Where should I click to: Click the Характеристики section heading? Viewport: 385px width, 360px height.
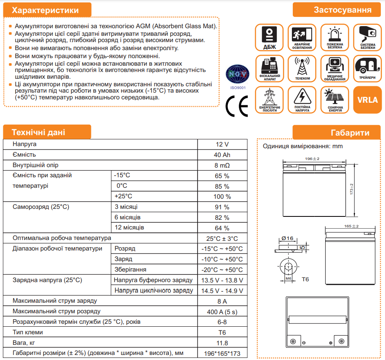point(45,10)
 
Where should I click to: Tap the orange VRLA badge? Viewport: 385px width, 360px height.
point(367,100)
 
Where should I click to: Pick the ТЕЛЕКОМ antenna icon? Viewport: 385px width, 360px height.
point(302,69)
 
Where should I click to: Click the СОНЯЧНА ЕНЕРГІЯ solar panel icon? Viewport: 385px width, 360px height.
point(335,100)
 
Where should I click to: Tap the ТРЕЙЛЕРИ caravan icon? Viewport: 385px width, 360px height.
point(368,69)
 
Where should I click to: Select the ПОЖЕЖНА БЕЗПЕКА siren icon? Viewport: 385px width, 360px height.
point(335,37)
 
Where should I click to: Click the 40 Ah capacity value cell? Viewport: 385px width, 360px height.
point(222,155)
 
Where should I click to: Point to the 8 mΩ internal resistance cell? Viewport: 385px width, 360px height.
point(222,165)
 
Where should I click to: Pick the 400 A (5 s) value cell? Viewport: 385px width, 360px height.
point(222,312)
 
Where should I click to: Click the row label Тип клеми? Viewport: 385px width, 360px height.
point(28,332)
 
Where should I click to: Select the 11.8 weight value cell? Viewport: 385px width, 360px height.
point(222,343)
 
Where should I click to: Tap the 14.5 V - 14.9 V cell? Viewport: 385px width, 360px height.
point(222,291)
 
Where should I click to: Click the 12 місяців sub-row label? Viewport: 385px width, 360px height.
point(129,228)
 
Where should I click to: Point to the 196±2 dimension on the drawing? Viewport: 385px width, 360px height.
point(312,159)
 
